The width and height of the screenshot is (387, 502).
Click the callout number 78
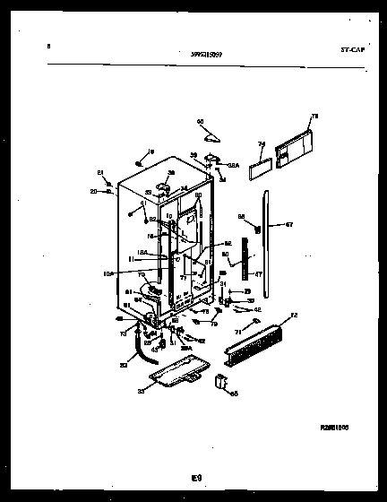click(x=314, y=116)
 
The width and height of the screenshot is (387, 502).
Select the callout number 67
click(x=289, y=224)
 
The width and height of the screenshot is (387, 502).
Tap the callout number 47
click(x=258, y=274)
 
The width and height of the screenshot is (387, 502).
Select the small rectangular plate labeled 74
click(x=259, y=161)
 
